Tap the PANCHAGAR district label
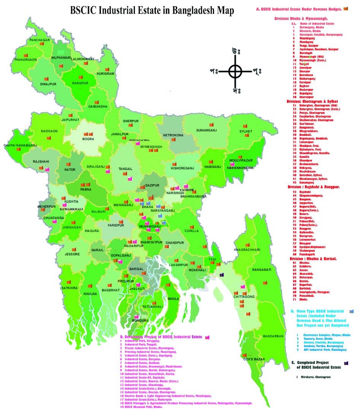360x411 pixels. (39, 40)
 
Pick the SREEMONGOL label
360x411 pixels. (240, 167)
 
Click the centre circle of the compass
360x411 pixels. (235, 70)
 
